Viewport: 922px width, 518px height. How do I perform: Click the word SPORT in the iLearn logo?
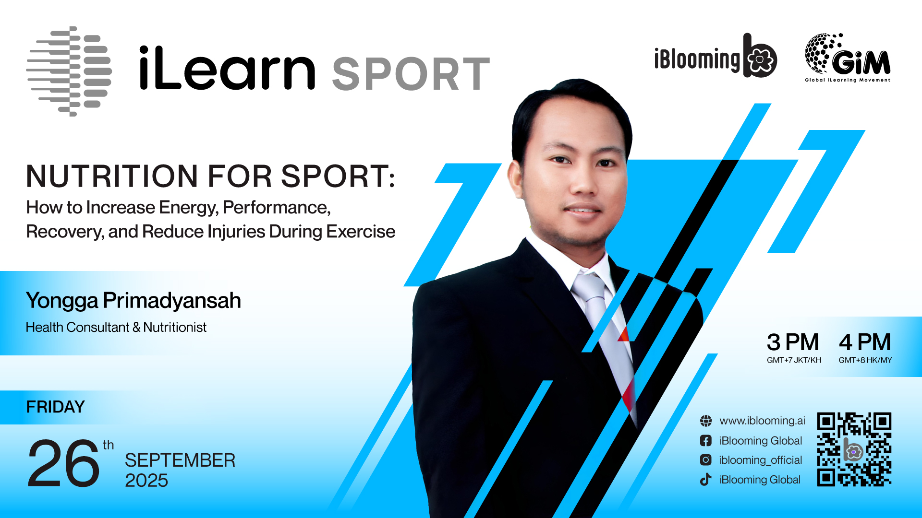point(411,74)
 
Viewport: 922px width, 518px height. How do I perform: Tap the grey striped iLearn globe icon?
point(69,71)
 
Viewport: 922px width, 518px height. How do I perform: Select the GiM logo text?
point(861,61)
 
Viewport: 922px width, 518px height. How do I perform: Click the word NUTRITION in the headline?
point(112,176)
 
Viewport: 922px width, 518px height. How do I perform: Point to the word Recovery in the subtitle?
point(63,232)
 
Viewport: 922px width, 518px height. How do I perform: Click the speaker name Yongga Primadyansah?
point(133,301)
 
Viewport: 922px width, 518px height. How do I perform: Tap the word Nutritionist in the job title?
point(175,327)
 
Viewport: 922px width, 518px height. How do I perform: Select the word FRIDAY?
point(55,407)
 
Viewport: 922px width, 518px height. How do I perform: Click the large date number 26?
point(63,463)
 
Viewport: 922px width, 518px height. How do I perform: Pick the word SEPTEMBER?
point(180,460)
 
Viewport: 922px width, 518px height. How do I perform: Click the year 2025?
point(146,481)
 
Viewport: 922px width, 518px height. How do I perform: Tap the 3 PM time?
point(793,342)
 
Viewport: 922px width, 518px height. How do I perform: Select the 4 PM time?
point(865,342)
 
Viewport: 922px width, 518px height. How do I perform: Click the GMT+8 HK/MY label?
point(865,360)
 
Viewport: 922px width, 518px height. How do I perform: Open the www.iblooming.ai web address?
point(762,421)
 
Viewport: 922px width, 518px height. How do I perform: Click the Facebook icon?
point(705,441)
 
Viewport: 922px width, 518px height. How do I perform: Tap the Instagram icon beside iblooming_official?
point(705,460)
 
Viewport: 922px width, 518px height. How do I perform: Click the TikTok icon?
point(705,479)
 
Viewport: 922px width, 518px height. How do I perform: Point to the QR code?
point(854,449)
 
